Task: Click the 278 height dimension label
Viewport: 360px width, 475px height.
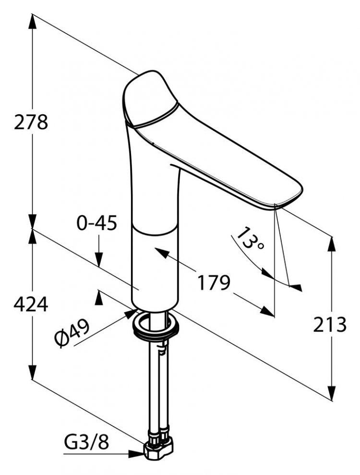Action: point(31,122)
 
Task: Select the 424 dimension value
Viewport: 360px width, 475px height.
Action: point(31,304)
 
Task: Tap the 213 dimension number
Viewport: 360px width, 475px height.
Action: point(330,325)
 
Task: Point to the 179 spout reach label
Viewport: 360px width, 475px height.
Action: point(214,282)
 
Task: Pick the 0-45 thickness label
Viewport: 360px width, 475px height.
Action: point(96,224)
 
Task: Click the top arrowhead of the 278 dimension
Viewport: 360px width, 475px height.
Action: point(32,22)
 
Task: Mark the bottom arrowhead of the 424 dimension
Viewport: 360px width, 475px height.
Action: point(32,372)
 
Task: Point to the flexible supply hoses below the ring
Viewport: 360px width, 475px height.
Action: point(158,385)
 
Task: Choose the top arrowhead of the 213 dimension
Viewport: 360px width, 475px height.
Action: point(332,244)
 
